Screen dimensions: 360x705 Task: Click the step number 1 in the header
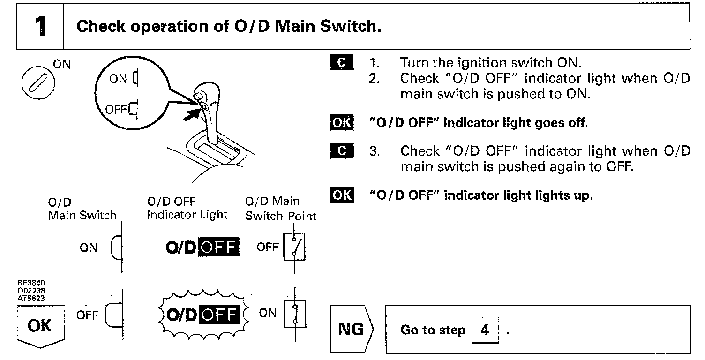tap(40, 27)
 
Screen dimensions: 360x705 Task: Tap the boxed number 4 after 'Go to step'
tap(485, 330)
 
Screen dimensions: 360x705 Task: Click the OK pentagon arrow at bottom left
tap(40, 325)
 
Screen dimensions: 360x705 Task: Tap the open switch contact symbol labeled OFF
tap(294, 247)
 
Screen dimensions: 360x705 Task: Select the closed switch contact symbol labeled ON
tap(294, 313)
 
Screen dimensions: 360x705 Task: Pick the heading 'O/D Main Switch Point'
tap(280, 209)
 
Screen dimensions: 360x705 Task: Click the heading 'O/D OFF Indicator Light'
tap(187, 208)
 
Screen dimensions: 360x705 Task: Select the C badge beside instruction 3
tap(341, 150)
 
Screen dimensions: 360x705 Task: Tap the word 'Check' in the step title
tap(101, 26)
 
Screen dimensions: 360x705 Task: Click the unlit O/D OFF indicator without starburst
tap(202, 247)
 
